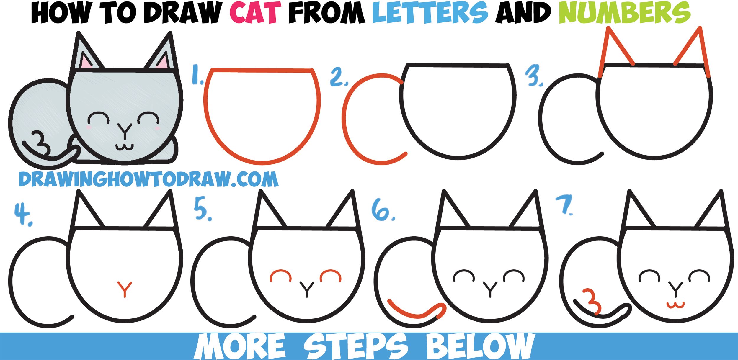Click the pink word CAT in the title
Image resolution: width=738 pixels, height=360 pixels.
256,13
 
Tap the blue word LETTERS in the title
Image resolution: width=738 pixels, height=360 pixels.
430,13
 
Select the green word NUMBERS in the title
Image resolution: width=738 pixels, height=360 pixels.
624,13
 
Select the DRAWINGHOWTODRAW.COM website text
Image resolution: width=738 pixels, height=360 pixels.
148,179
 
